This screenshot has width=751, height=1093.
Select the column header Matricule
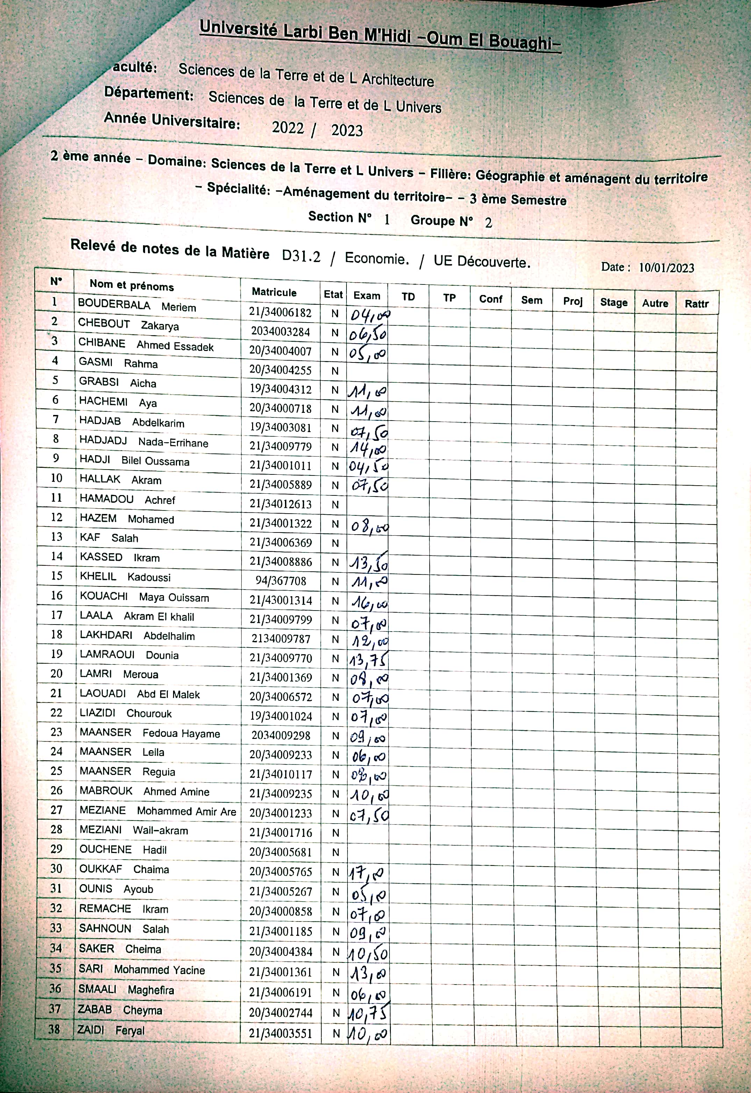click(x=274, y=292)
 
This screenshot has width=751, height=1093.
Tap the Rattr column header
click(x=696, y=304)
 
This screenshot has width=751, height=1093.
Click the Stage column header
click(x=614, y=302)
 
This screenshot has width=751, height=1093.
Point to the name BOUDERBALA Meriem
click(x=136, y=306)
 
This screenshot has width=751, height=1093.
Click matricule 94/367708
click(x=280, y=581)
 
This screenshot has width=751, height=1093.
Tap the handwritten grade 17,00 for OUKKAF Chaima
click(x=367, y=874)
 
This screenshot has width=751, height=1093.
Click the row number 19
click(x=57, y=654)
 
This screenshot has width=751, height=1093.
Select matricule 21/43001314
click(x=280, y=600)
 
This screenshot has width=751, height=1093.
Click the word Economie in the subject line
click(x=377, y=259)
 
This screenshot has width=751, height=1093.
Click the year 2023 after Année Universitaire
click(x=347, y=131)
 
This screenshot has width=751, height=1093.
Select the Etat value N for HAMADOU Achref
click(x=335, y=505)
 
